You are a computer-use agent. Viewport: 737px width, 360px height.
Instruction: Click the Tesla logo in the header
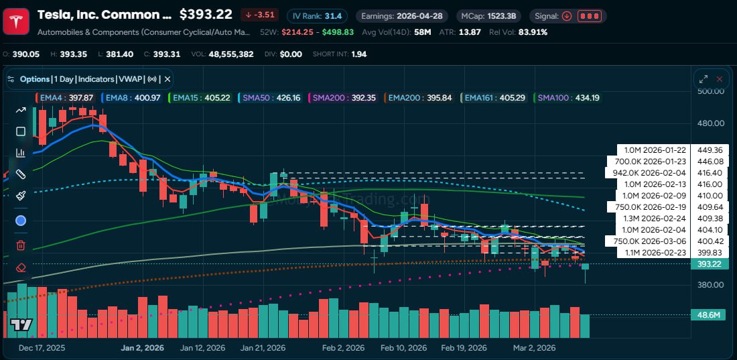click(x=15, y=21)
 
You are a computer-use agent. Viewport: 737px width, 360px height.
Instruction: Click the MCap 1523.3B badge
click(x=490, y=15)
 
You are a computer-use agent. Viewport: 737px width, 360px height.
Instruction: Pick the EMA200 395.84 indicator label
click(x=421, y=98)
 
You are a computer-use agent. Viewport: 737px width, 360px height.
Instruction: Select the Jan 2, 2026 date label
click(x=141, y=348)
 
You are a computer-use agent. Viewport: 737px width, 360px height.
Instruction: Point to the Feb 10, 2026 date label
click(x=403, y=348)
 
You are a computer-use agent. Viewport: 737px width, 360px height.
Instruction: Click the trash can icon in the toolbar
click(x=21, y=245)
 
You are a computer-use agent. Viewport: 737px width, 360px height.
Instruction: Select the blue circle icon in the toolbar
click(x=21, y=221)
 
